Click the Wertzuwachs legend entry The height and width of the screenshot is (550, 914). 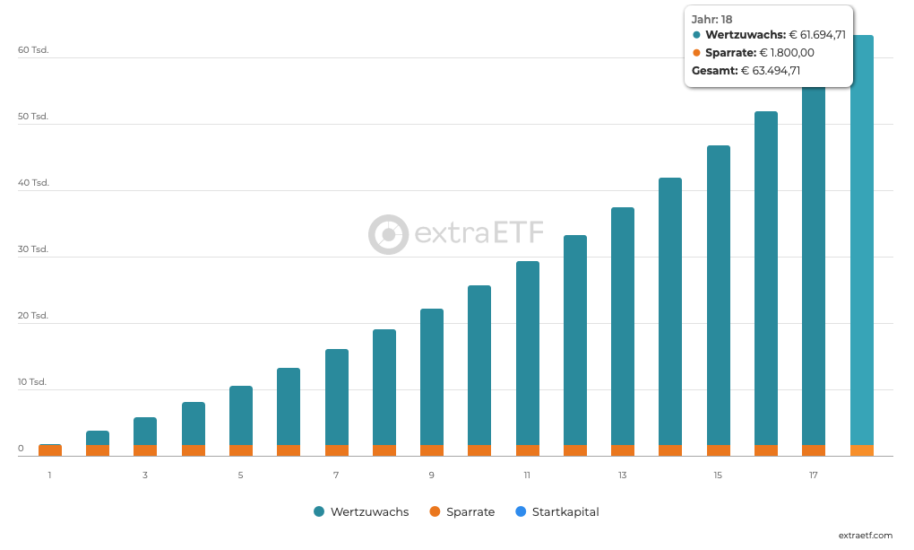361,511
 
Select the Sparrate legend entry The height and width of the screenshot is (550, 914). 461,511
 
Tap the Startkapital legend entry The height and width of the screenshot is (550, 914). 556,511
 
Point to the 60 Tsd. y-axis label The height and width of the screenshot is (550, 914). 33,50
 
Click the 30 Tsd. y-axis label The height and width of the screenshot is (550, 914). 33,249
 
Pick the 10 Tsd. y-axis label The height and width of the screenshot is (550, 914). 33,382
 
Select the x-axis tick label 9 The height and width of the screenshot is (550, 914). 431,475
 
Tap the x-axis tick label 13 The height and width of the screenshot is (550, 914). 622,475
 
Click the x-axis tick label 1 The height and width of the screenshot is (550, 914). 49,475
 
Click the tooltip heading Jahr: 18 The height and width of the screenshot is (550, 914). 712,19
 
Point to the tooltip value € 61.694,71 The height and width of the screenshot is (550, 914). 817,35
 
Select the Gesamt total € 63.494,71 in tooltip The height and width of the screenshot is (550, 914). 771,70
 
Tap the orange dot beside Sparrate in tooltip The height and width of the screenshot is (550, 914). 697,53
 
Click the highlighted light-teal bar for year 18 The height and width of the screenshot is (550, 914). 861,251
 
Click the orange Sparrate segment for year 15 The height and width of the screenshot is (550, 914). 718,450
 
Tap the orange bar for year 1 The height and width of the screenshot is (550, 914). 49,450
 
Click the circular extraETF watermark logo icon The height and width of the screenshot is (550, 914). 388,234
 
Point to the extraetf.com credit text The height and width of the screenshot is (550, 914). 865,536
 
